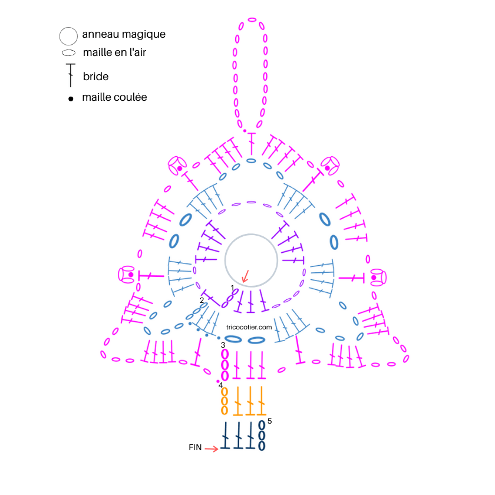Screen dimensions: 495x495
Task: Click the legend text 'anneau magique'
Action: (x=124, y=34)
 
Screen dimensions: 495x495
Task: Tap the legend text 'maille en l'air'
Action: (x=114, y=52)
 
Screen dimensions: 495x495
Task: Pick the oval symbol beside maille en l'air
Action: (x=68, y=53)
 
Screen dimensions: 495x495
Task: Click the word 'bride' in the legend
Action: (x=95, y=77)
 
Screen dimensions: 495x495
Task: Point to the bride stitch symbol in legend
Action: (x=71, y=75)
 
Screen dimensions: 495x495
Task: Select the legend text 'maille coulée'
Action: (x=114, y=97)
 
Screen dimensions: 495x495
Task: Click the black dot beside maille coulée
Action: (x=71, y=99)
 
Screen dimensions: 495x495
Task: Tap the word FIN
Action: (x=195, y=448)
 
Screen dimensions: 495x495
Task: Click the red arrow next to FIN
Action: (x=212, y=448)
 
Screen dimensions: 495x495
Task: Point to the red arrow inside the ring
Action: (x=245, y=276)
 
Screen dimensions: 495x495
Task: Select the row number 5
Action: (x=270, y=421)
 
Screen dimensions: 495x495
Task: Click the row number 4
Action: (x=220, y=385)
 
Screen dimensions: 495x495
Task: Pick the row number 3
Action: (x=223, y=345)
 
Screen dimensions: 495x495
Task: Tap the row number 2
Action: (x=202, y=300)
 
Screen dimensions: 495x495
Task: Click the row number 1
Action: (x=232, y=288)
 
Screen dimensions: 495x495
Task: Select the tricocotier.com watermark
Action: (x=249, y=328)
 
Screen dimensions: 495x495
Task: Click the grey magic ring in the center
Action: (x=251, y=235)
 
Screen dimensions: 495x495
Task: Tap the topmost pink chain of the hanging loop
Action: (x=252, y=20)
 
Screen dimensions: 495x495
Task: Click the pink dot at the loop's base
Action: (x=245, y=131)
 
